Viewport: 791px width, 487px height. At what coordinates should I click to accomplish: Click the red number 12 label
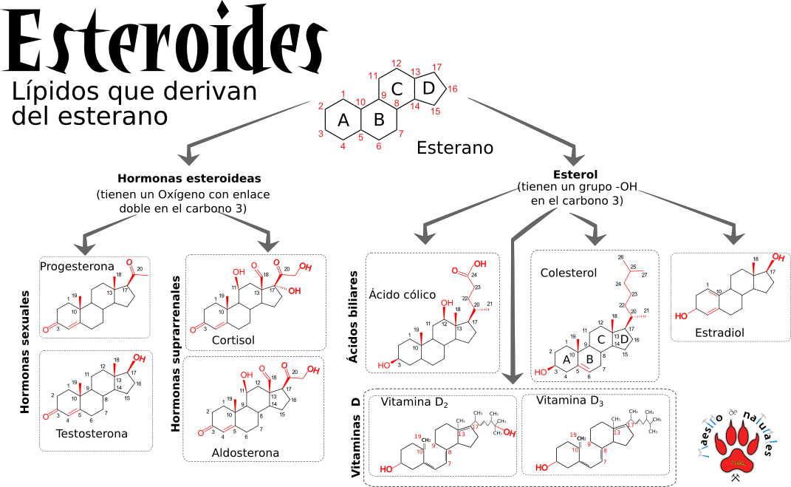point(397,63)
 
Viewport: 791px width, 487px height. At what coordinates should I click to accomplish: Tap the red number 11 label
point(373,75)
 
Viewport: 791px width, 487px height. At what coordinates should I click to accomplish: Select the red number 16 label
point(452,89)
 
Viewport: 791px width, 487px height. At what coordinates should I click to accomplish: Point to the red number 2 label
point(321,106)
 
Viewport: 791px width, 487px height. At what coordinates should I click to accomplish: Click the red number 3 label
point(321,134)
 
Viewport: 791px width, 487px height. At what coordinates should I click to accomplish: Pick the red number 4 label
point(343,146)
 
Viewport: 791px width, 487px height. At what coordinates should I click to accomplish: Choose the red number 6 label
point(379,146)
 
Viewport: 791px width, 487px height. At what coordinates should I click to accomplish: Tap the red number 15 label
point(435,112)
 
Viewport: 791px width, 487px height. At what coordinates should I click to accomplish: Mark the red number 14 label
point(415,106)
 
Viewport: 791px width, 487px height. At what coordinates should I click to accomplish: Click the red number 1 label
point(343,94)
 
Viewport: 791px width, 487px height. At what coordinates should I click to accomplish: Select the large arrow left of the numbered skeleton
point(244,129)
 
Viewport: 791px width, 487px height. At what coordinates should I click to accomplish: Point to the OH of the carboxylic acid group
point(479,263)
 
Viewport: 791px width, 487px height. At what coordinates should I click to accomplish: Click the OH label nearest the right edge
point(778,257)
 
